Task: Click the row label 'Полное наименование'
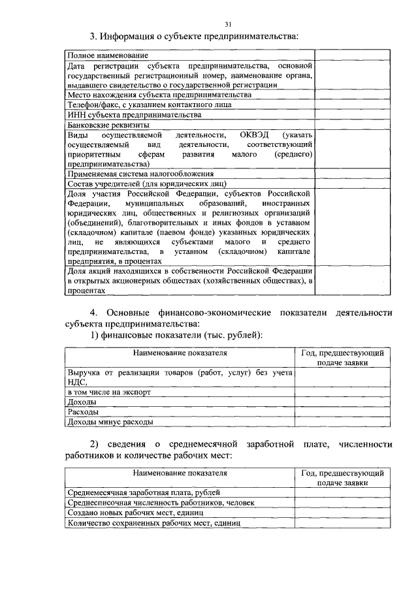[107, 56]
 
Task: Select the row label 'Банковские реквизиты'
[108, 125]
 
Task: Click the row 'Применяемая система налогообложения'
[140, 174]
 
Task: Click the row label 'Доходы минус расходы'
[110, 423]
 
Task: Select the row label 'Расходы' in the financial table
[84, 413]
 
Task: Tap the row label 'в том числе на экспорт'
[109, 392]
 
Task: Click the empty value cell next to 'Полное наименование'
[353, 56]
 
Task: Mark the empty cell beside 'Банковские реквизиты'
[353, 125]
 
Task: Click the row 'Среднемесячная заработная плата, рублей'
[144, 492]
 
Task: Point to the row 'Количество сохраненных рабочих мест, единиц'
[154, 523]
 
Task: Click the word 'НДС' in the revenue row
[77, 383]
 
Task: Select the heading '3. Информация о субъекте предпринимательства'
[194, 36]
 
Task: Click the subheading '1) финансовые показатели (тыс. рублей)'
[176, 334]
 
